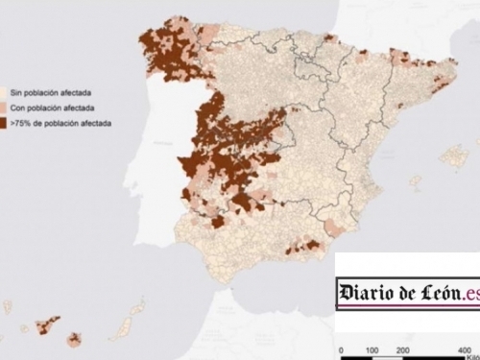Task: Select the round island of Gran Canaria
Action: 75,339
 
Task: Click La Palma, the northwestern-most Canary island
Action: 8,306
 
